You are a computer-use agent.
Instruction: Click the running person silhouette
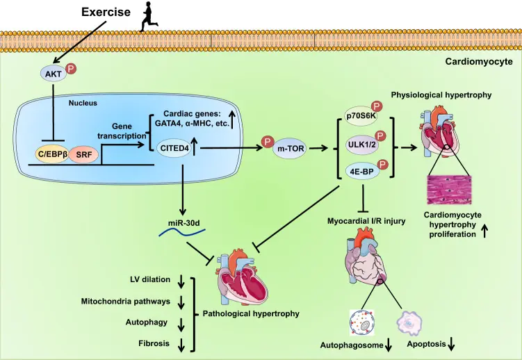[x=149, y=17]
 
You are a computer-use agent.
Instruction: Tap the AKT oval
[x=54, y=74]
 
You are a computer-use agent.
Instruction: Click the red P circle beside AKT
[x=71, y=69]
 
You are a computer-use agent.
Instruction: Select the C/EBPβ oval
[x=53, y=154]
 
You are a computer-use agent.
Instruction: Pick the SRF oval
[x=84, y=155]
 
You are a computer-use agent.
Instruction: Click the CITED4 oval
[x=174, y=147]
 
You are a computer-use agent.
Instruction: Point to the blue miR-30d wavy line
[x=182, y=232]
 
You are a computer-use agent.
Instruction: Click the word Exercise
[x=106, y=13]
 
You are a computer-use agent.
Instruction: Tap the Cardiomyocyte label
[x=479, y=62]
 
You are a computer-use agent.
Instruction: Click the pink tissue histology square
[x=449, y=190]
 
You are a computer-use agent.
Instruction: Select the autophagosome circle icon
[x=362, y=322]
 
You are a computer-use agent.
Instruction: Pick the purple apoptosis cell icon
[x=409, y=322]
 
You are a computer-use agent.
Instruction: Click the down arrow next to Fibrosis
[x=181, y=345]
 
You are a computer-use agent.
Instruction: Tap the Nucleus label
[x=83, y=103]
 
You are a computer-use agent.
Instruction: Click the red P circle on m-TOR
[x=268, y=141]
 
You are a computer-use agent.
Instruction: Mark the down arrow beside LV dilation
[x=181, y=281]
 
